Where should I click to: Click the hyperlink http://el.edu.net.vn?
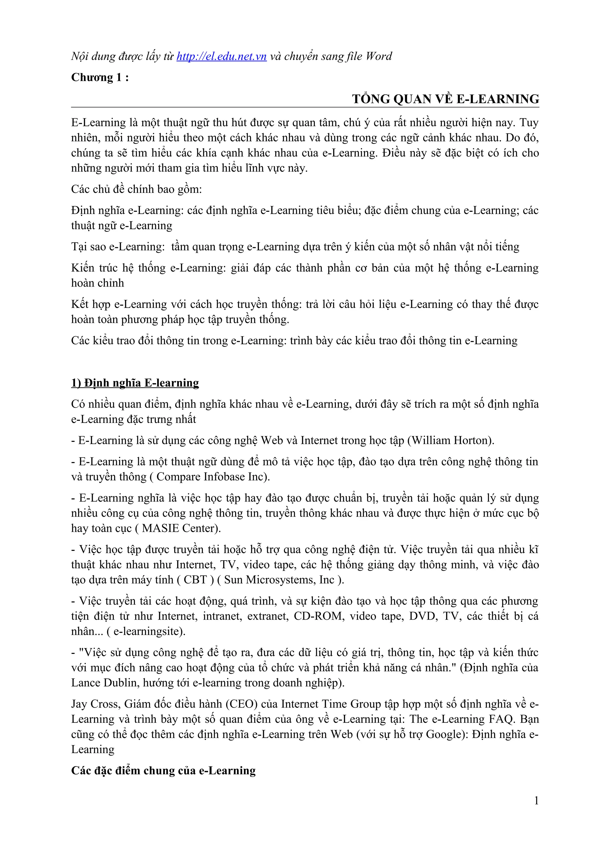coord(221,56)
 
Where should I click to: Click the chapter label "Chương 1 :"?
coord(100,77)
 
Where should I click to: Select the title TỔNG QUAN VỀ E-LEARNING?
coord(446,99)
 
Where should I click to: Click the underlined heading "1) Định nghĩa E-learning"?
coord(135,383)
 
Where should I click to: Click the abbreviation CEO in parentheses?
coord(241,704)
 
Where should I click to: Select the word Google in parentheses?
coord(445,734)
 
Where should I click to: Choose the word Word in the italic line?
coord(379,56)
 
